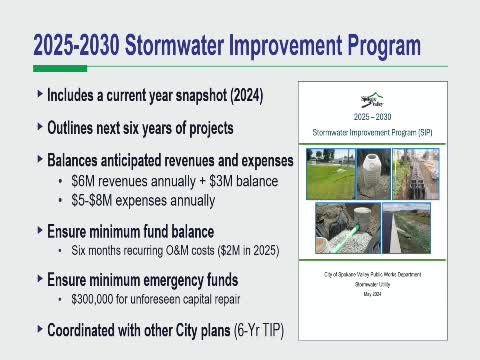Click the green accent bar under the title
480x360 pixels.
pyautogui.click(x=59, y=68)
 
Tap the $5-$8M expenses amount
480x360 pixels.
pyautogui.click(x=95, y=200)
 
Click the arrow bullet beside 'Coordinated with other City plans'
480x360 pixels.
pyautogui.click(x=39, y=328)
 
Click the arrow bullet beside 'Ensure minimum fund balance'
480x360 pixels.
pyautogui.click(x=39, y=230)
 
